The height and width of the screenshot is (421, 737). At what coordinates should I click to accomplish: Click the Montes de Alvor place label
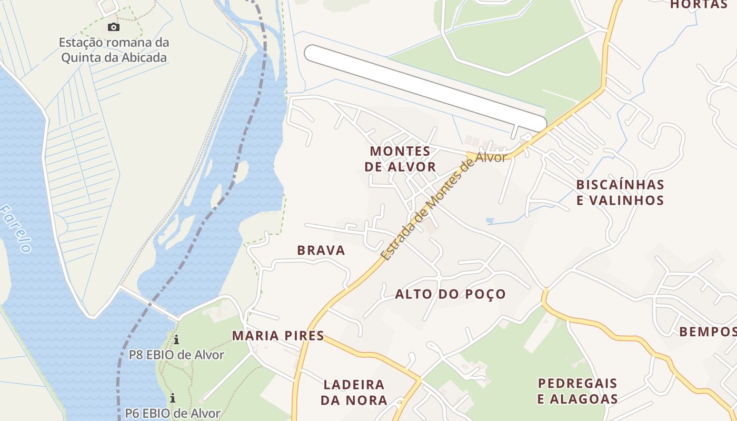point(403,159)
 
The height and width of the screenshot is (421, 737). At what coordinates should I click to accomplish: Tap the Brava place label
point(321,250)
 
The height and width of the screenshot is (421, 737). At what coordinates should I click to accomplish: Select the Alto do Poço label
point(450,294)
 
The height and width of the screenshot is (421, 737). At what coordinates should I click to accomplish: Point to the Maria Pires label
point(278,336)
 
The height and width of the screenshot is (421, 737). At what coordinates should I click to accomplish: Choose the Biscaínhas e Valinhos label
point(620,193)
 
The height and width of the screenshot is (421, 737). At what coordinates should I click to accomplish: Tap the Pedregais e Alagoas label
point(577,391)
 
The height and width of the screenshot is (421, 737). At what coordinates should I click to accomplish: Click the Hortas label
point(699,5)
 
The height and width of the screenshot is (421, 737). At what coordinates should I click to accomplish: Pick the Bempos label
point(707,332)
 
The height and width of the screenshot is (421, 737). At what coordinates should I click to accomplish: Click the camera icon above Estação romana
point(113,27)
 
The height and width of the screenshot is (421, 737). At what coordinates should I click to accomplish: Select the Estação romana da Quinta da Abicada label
point(114,50)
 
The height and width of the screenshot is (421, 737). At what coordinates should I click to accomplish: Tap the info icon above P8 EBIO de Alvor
point(176,340)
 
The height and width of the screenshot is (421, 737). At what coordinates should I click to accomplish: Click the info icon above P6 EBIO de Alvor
point(172,398)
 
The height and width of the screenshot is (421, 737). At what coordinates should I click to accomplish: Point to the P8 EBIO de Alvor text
point(176,355)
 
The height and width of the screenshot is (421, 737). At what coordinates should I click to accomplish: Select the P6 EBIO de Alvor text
point(172,413)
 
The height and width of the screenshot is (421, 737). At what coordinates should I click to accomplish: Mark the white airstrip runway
point(425,88)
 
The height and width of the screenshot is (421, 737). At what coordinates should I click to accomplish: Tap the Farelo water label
point(16,229)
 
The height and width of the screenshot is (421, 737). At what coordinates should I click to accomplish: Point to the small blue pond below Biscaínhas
point(490,220)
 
